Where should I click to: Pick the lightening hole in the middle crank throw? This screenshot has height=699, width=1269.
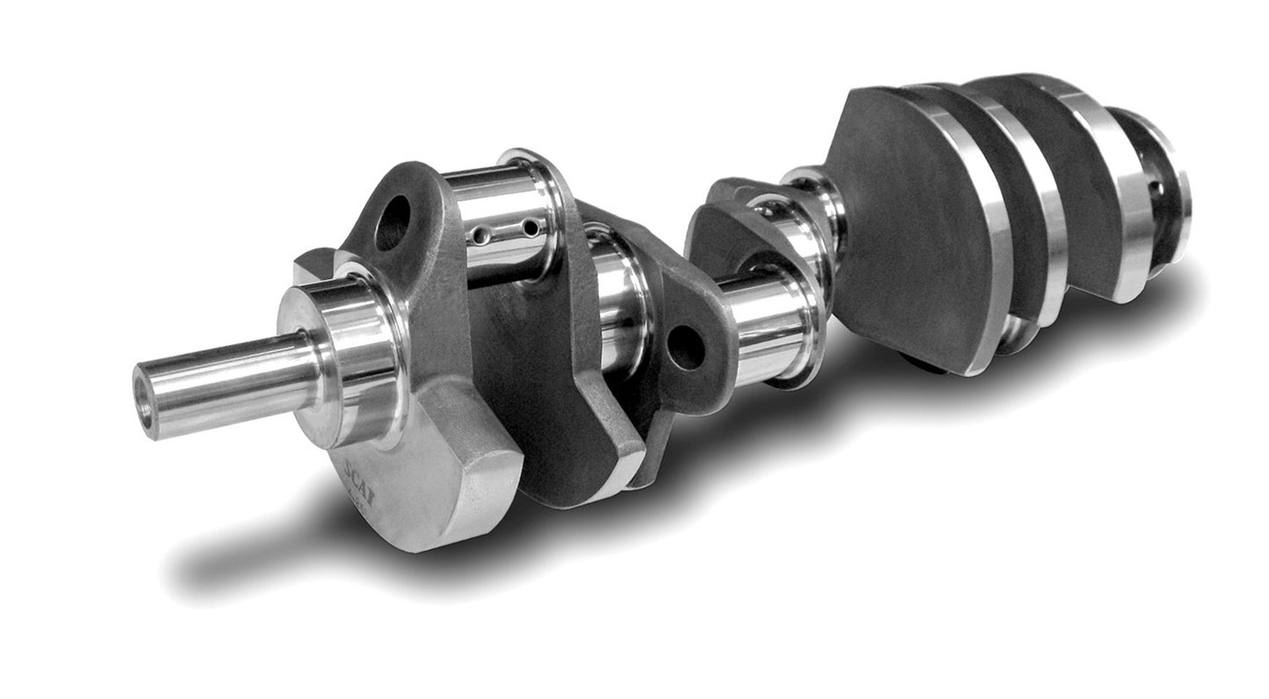[686, 348]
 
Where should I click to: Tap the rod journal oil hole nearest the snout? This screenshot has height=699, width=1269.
[480, 235]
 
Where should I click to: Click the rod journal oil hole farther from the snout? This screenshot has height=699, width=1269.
[530, 228]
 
